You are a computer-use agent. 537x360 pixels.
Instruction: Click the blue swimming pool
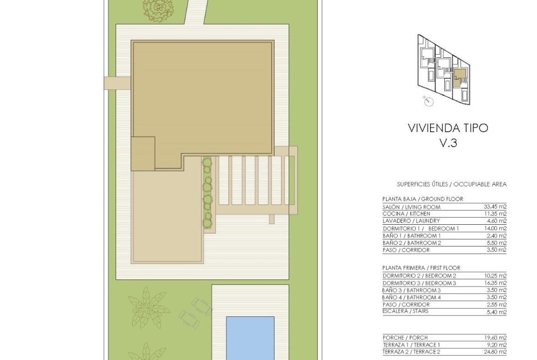click(x=250, y=338)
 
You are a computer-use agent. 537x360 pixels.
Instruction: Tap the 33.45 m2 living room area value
click(x=495, y=207)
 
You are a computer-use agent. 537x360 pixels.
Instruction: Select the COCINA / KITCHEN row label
click(x=406, y=214)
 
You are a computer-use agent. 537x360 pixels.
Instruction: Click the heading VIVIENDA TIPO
click(x=448, y=128)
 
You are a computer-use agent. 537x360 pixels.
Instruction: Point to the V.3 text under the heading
click(x=448, y=143)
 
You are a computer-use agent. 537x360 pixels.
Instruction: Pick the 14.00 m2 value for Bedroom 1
click(x=495, y=228)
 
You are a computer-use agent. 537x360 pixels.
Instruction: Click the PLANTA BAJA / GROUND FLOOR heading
click(x=423, y=199)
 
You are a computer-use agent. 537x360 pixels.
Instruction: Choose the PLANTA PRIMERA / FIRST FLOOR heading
click(x=421, y=268)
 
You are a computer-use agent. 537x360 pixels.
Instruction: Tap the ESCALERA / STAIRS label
click(x=405, y=311)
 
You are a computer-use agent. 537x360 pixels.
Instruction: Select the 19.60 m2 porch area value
click(x=495, y=338)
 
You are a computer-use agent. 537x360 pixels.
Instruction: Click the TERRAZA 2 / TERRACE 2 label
click(x=411, y=352)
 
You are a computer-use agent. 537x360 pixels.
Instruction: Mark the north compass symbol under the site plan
click(x=428, y=101)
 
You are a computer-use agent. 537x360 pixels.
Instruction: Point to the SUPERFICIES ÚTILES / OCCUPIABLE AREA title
click(x=452, y=184)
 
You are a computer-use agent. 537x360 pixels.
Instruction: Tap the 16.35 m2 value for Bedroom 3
click(x=495, y=283)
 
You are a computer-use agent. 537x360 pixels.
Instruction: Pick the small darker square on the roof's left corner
click(x=143, y=153)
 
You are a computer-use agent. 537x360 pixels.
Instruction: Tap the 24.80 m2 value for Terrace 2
click(x=495, y=352)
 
